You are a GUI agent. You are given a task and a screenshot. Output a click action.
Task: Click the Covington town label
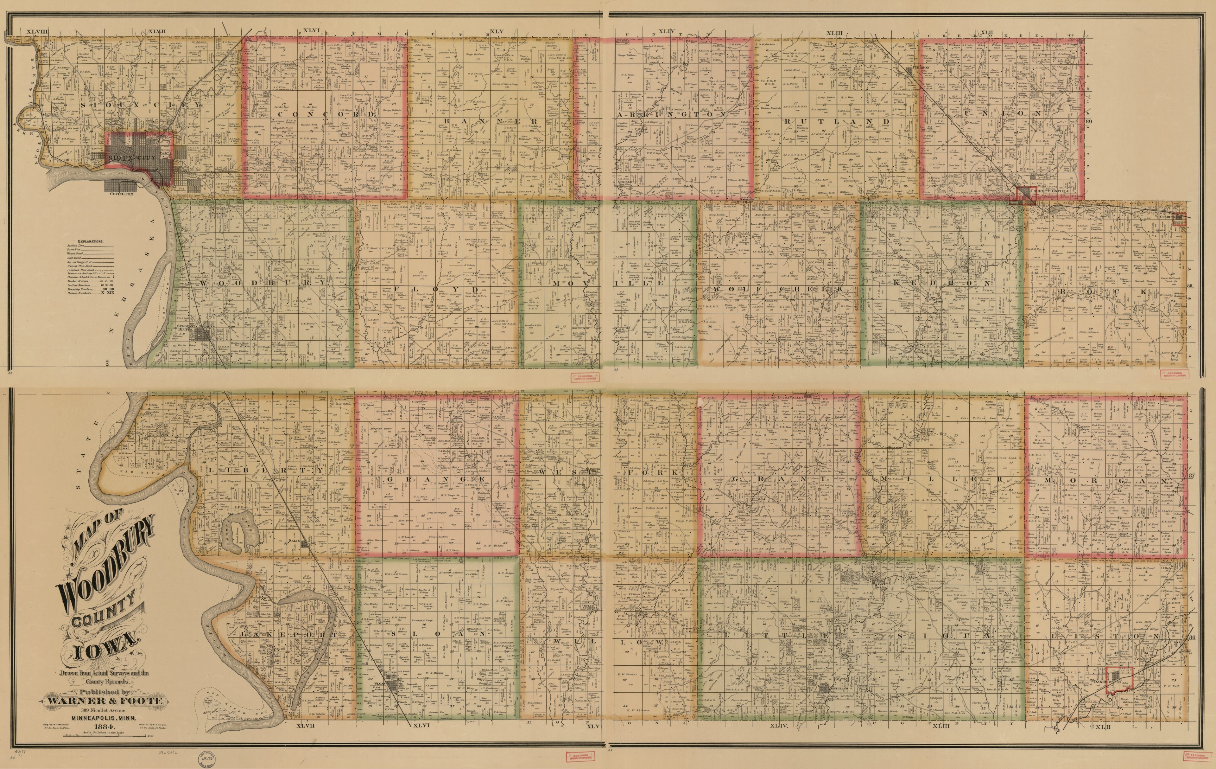click(x=122, y=194)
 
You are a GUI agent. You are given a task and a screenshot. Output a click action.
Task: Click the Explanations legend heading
click(x=91, y=241)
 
